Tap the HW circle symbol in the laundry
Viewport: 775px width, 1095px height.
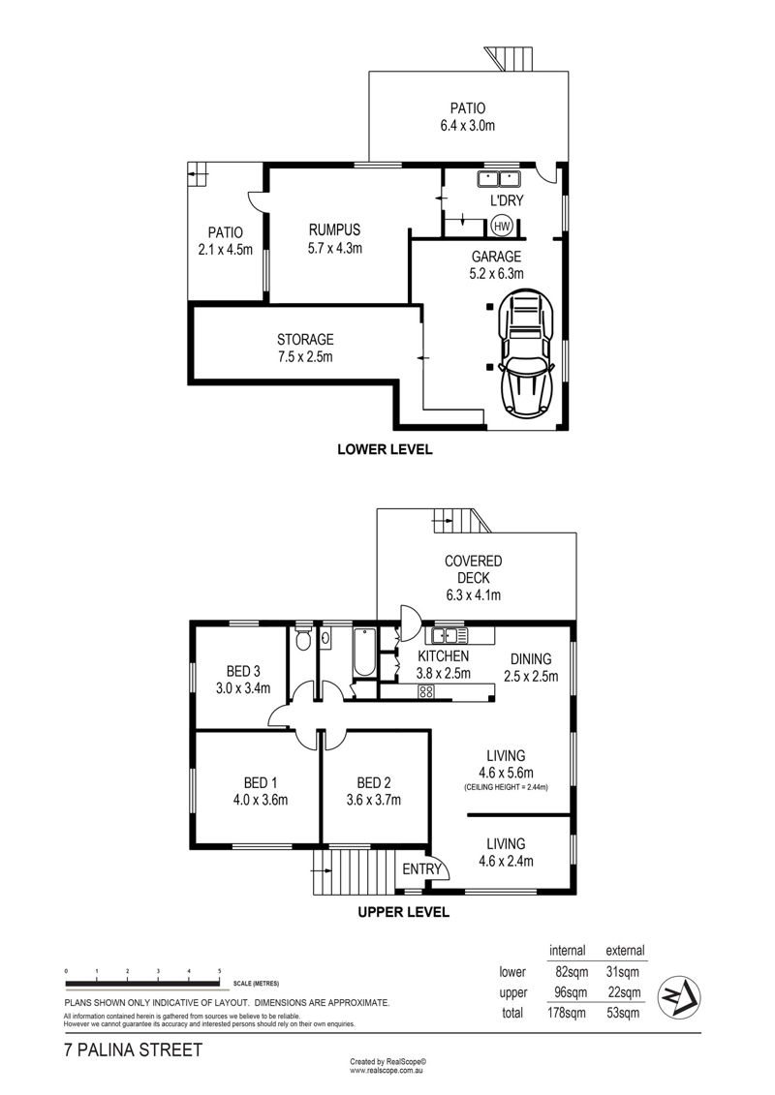click(502, 227)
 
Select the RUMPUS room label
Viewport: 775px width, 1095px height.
click(335, 229)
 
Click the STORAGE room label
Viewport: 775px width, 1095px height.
click(305, 340)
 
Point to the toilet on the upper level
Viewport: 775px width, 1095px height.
click(303, 640)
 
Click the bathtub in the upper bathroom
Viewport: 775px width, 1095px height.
click(365, 653)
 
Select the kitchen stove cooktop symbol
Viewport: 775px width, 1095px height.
click(425, 692)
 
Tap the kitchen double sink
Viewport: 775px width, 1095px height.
click(449, 635)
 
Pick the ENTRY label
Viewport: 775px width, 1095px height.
click(421, 868)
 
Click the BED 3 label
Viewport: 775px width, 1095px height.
click(243, 671)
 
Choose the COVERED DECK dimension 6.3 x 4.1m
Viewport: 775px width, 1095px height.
click(474, 595)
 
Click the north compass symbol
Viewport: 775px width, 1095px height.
click(680, 992)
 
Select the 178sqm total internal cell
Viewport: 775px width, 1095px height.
click(568, 1013)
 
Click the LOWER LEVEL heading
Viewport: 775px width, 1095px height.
click(385, 449)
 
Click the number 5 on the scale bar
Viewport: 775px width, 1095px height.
click(220, 971)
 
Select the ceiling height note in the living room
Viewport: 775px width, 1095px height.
click(506, 787)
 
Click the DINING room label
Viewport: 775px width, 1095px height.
click(531, 658)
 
